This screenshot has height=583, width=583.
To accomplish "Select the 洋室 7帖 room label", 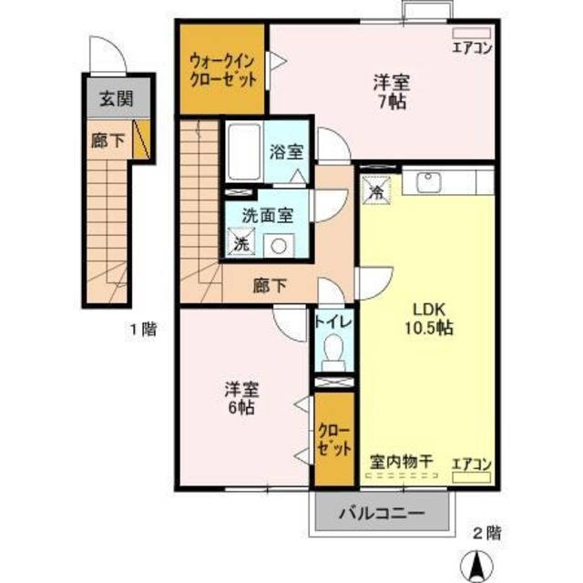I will pyautogui.click(x=390, y=92).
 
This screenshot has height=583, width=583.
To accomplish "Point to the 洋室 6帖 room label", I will pyautogui.click(x=243, y=399).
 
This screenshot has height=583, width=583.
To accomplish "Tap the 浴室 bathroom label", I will pyautogui.click(x=285, y=152).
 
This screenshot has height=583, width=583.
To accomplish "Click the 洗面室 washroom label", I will pyautogui.click(x=267, y=216).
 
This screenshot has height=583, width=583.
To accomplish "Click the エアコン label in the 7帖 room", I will pyautogui.click(x=472, y=48).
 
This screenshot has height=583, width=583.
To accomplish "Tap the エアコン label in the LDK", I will pyautogui.click(x=472, y=463).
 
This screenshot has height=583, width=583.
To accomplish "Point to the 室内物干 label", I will pyautogui.click(x=400, y=462).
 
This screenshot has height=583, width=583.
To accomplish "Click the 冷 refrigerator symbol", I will pyautogui.click(x=375, y=189).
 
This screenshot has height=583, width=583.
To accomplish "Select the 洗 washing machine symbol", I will pyautogui.click(x=240, y=243).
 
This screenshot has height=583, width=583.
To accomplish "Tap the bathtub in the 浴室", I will pyautogui.click(x=243, y=152).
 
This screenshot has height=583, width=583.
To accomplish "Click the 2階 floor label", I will pyautogui.click(x=486, y=531).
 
